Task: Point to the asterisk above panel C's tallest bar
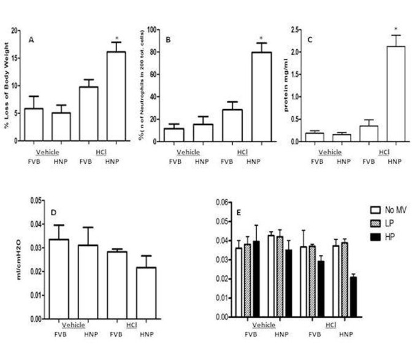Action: click(396, 28)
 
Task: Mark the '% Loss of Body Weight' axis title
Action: click(9, 86)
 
